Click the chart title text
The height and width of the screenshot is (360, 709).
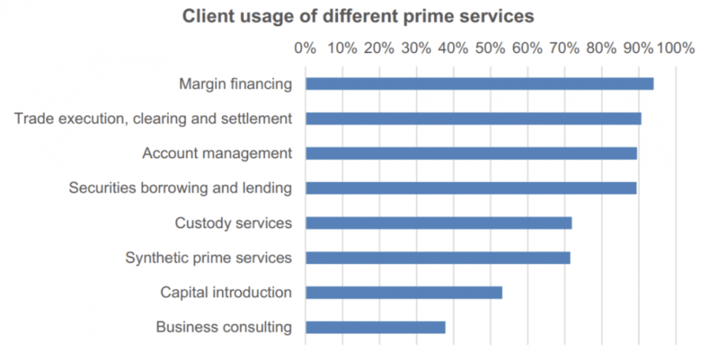(x=358, y=16)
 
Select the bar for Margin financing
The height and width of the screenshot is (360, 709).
(x=479, y=84)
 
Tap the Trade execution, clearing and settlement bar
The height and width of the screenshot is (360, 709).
(x=473, y=118)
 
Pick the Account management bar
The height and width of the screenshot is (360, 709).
(x=471, y=153)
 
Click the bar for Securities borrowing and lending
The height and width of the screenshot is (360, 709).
(x=471, y=188)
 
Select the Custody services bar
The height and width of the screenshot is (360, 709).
(x=438, y=223)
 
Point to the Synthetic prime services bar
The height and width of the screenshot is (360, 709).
(x=437, y=258)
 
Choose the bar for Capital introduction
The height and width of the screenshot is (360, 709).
(x=403, y=293)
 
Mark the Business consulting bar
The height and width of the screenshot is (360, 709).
(x=375, y=327)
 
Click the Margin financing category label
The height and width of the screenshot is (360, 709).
(x=235, y=84)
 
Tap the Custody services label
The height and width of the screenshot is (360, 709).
(x=233, y=223)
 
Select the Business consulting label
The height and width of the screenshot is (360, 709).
(x=224, y=327)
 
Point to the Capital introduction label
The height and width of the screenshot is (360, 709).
(x=226, y=293)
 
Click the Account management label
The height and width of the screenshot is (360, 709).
(x=217, y=153)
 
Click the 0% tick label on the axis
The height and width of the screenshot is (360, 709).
(x=305, y=48)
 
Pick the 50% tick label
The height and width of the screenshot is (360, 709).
(x=490, y=48)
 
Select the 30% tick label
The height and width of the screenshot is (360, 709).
(x=416, y=48)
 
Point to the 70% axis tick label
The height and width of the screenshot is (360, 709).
(x=564, y=48)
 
